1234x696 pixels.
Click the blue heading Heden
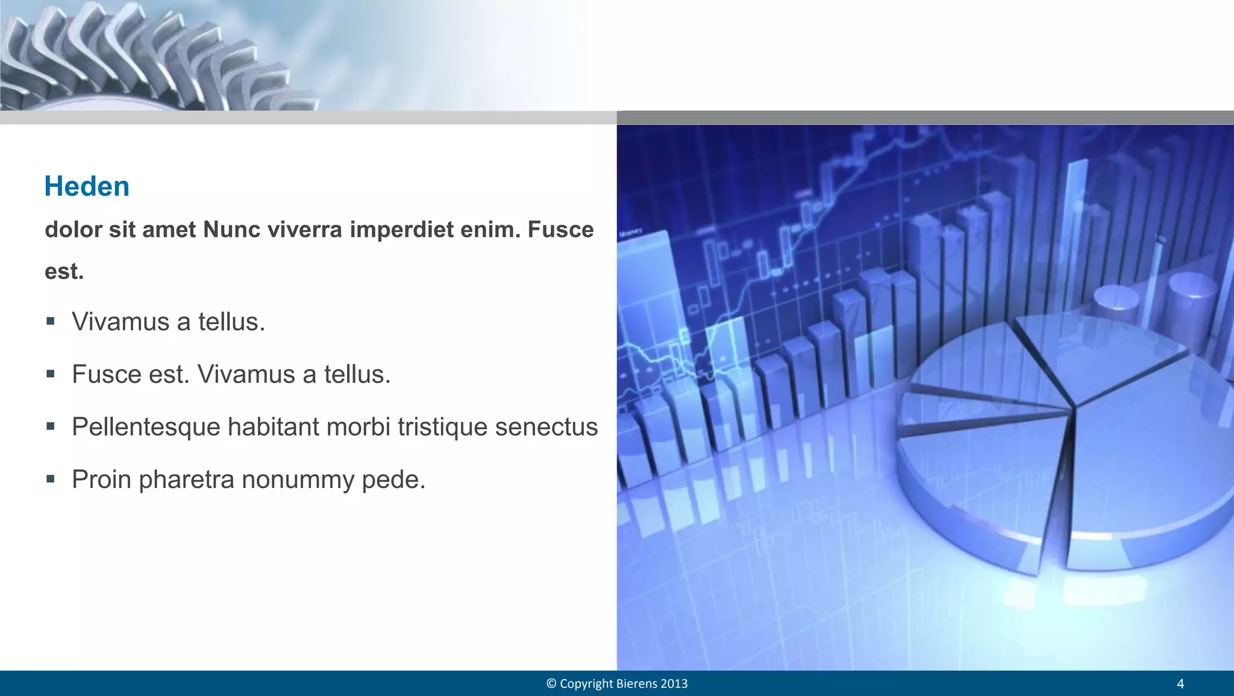(87, 186)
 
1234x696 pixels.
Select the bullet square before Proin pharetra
(51, 479)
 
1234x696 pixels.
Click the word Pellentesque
(146, 427)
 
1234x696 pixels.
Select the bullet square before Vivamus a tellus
(51, 321)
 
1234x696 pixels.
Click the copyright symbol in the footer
(551, 684)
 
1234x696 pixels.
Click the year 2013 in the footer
(674, 684)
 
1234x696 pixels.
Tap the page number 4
(1180, 684)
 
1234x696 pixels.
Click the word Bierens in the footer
(637, 684)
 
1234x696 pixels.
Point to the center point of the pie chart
(1074, 409)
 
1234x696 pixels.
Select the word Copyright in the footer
(586, 684)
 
